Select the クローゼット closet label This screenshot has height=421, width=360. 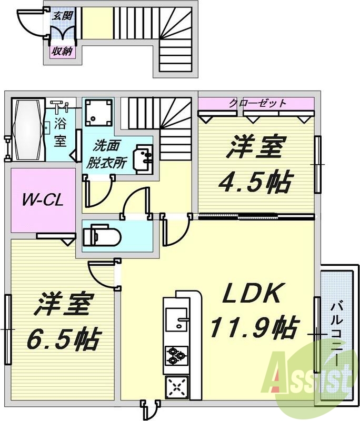(257, 103)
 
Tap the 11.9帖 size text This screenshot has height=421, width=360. (253, 328)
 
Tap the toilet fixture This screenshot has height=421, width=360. (101, 234)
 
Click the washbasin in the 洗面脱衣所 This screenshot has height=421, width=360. (144, 156)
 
